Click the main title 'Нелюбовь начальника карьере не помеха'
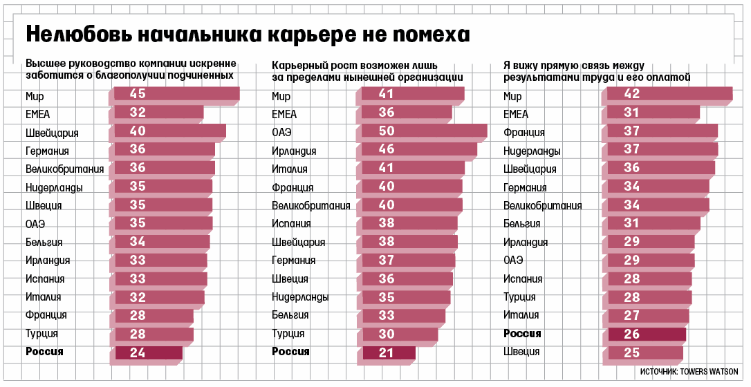point(248,35)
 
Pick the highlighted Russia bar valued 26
point(647,334)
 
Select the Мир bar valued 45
point(176,94)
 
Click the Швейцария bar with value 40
point(169,131)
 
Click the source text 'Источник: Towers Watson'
point(689,371)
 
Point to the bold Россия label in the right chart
point(522,334)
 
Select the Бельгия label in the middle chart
point(290,315)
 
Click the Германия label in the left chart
point(47,151)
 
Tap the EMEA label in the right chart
point(516,114)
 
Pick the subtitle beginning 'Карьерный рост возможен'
point(367,72)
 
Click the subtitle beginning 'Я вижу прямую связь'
point(596,72)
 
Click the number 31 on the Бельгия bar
point(631,223)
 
